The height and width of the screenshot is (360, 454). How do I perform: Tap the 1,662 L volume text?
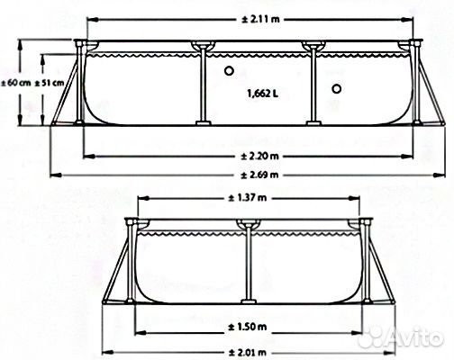[x=263, y=92]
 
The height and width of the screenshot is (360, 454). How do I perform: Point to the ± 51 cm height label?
[x=52, y=82]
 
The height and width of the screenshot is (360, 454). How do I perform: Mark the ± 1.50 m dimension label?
[x=248, y=325]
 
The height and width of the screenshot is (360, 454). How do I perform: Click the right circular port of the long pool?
[x=337, y=88]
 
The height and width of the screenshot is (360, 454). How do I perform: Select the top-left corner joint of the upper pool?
[x=84, y=43]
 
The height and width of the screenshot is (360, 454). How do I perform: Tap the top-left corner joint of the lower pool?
[x=134, y=221]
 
